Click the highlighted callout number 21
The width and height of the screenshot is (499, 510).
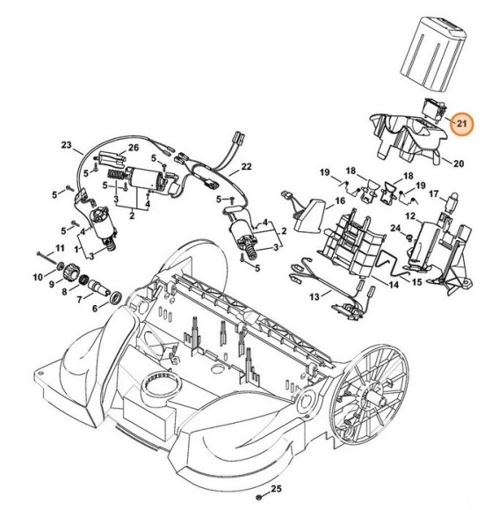coord(460,124)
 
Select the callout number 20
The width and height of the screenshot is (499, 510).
coord(458,163)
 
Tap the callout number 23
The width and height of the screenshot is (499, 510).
coord(66,144)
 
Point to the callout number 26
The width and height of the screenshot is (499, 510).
coord(134,147)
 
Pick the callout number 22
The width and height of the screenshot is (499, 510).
coord(246,166)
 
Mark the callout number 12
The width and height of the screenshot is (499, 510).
coord(409,215)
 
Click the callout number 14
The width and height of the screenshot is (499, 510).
coord(394,285)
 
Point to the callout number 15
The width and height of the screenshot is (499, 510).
coord(418,281)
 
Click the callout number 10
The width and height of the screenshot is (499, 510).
coord(37,277)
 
